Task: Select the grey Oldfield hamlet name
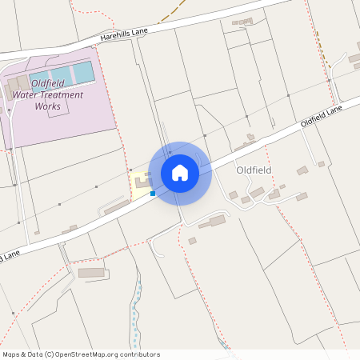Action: click(x=254, y=170)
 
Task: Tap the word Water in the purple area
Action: click(x=24, y=94)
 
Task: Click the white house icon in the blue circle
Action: click(x=180, y=172)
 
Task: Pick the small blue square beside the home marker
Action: click(x=153, y=194)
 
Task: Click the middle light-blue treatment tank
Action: click(x=62, y=76)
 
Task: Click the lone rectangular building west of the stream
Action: click(x=92, y=273)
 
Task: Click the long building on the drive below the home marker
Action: click(x=213, y=222)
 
